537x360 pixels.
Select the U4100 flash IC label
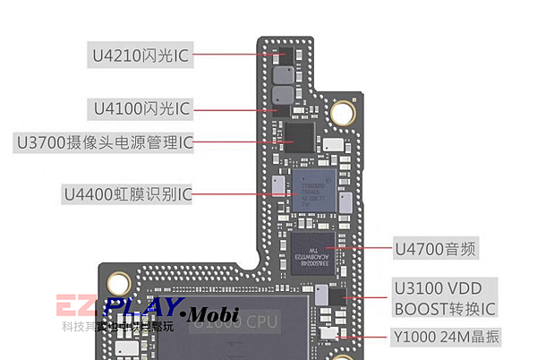click(x=141, y=109)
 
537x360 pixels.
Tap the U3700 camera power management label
click(x=103, y=141)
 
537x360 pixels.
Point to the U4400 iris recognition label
click(x=126, y=193)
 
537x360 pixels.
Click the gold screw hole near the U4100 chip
click(x=341, y=113)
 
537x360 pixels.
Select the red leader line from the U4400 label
click(x=242, y=194)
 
